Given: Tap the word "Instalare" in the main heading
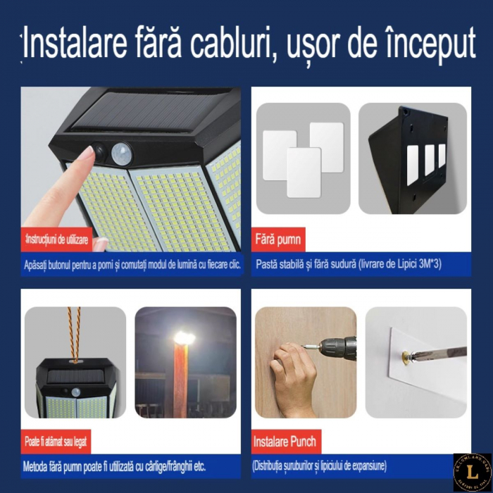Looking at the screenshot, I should click(69, 46).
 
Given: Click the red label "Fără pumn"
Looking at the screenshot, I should click(277, 239).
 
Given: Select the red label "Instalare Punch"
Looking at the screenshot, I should click(285, 442).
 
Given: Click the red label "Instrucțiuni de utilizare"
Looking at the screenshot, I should click(56, 240).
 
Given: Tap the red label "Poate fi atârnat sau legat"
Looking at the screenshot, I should click(57, 442).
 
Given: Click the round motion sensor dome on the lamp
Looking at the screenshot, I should click(121, 151).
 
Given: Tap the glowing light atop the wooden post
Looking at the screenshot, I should click(184, 338).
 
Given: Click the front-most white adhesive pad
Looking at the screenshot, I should click(304, 172).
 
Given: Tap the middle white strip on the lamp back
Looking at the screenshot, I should click(430, 160).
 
